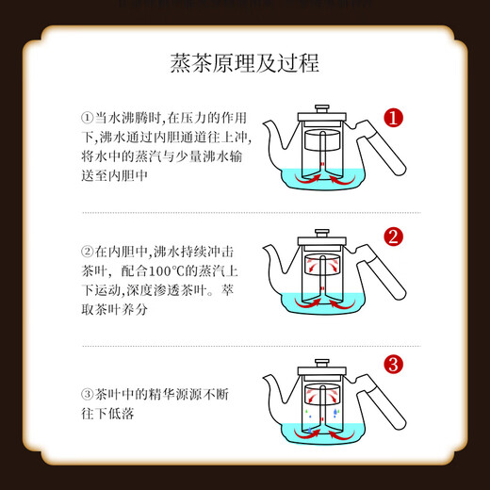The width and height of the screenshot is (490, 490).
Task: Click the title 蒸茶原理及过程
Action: tap(244, 63)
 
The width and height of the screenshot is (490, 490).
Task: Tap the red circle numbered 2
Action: tap(394, 237)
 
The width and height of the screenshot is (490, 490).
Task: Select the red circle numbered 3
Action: tap(395, 363)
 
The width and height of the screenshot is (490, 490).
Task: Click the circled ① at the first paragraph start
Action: tap(88, 118)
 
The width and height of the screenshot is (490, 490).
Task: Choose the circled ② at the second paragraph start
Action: tap(88, 253)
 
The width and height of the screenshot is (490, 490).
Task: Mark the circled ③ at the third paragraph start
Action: tap(88, 395)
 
